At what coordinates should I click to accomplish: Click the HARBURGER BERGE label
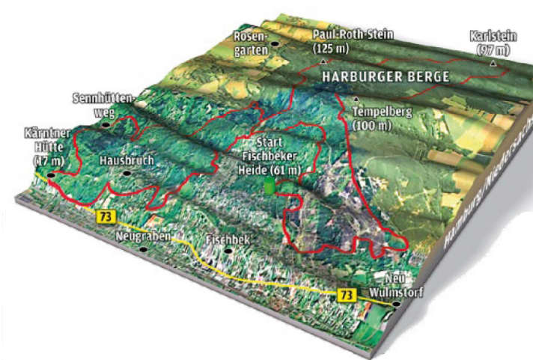point(385,77)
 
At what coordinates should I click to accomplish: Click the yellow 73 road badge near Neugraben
point(100,216)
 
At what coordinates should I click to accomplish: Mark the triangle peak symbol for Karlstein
point(493,64)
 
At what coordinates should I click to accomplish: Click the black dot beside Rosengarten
point(275,44)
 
